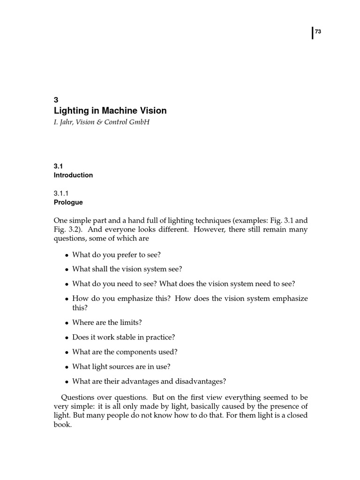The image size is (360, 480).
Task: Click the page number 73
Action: pyautogui.click(x=318, y=32)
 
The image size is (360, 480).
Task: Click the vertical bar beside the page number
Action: pyautogui.click(x=312, y=33)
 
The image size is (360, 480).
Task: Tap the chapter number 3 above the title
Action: pyautogui.click(x=56, y=99)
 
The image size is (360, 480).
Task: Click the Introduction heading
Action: pyautogui.click(x=73, y=175)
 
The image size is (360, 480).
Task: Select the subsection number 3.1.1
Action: pyautogui.click(x=61, y=193)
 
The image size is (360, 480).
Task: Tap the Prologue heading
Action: pyautogui.click(x=68, y=202)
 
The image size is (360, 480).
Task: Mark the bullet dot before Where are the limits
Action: pyautogui.click(x=67, y=323)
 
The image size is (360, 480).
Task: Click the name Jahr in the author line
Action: pyautogui.click(x=67, y=122)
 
